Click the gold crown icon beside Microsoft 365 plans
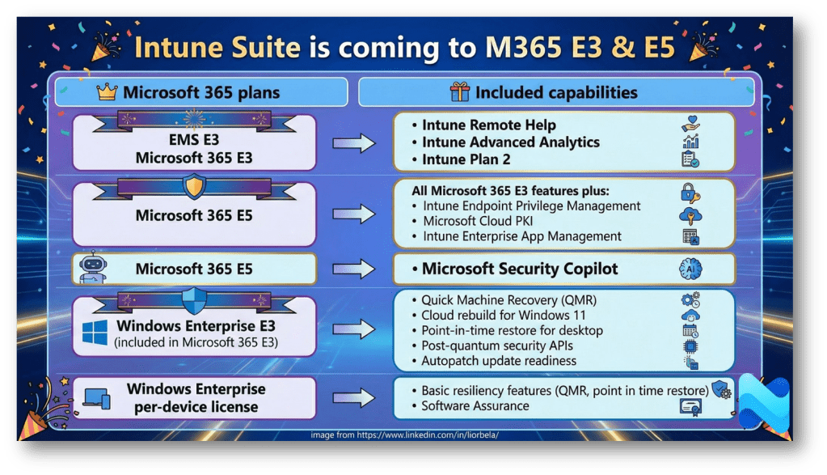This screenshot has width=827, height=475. click(x=107, y=91)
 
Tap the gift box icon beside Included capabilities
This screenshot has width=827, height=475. click(x=459, y=91)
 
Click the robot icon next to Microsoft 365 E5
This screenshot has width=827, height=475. click(x=93, y=267)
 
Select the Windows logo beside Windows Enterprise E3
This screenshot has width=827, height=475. click(x=95, y=333)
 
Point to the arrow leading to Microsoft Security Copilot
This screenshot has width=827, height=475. click(x=353, y=269)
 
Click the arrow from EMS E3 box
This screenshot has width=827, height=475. click(x=353, y=143)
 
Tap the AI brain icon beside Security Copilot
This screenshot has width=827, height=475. click(x=690, y=269)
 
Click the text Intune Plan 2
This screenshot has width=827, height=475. click(x=466, y=159)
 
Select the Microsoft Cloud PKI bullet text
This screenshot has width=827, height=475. click(x=478, y=221)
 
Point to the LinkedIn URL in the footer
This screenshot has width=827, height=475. click(x=428, y=435)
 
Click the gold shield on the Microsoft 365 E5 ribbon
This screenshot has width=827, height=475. click(x=194, y=187)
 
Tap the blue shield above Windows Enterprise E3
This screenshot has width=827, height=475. click(x=194, y=301)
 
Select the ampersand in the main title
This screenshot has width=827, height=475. click(x=623, y=47)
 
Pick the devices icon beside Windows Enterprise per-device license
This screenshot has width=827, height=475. click(x=97, y=398)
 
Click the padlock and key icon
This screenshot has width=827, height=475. click(x=690, y=193)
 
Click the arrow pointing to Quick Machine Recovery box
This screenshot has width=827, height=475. click(x=353, y=329)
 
